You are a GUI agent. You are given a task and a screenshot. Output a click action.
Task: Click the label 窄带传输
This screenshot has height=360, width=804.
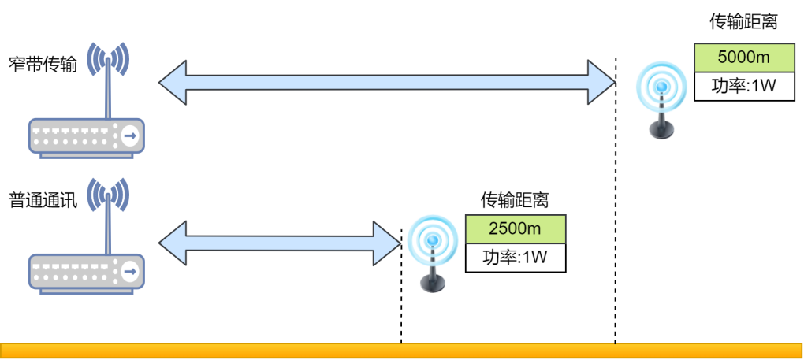[43, 64]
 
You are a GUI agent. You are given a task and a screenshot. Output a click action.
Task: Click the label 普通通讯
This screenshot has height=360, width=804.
[43, 200]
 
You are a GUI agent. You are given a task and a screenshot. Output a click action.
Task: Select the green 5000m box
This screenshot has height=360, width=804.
[743, 58]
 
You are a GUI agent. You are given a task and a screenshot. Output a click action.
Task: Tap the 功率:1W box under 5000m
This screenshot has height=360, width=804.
[743, 86]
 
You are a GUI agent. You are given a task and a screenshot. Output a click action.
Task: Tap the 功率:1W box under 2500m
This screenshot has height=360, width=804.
[516, 257]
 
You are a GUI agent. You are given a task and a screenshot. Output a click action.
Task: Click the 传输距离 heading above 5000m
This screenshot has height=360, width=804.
[743, 22]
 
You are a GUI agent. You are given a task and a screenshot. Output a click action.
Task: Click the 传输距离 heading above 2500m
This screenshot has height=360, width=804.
[515, 199]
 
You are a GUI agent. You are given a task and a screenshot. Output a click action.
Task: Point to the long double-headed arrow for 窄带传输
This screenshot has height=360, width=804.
[386, 81]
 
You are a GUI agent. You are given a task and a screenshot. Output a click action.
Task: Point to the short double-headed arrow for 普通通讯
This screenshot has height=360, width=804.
[280, 243]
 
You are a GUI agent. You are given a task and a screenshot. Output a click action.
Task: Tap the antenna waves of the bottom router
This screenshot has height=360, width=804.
[107, 193]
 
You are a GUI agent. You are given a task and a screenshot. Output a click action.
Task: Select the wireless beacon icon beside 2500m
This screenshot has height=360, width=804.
[431, 252]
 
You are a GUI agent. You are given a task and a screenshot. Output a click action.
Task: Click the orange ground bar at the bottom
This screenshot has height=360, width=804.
[402, 351]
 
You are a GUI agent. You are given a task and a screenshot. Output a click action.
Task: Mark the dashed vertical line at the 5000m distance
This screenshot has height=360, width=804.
[615, 236]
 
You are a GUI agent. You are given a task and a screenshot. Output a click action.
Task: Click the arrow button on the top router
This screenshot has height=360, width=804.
[129, 137]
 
